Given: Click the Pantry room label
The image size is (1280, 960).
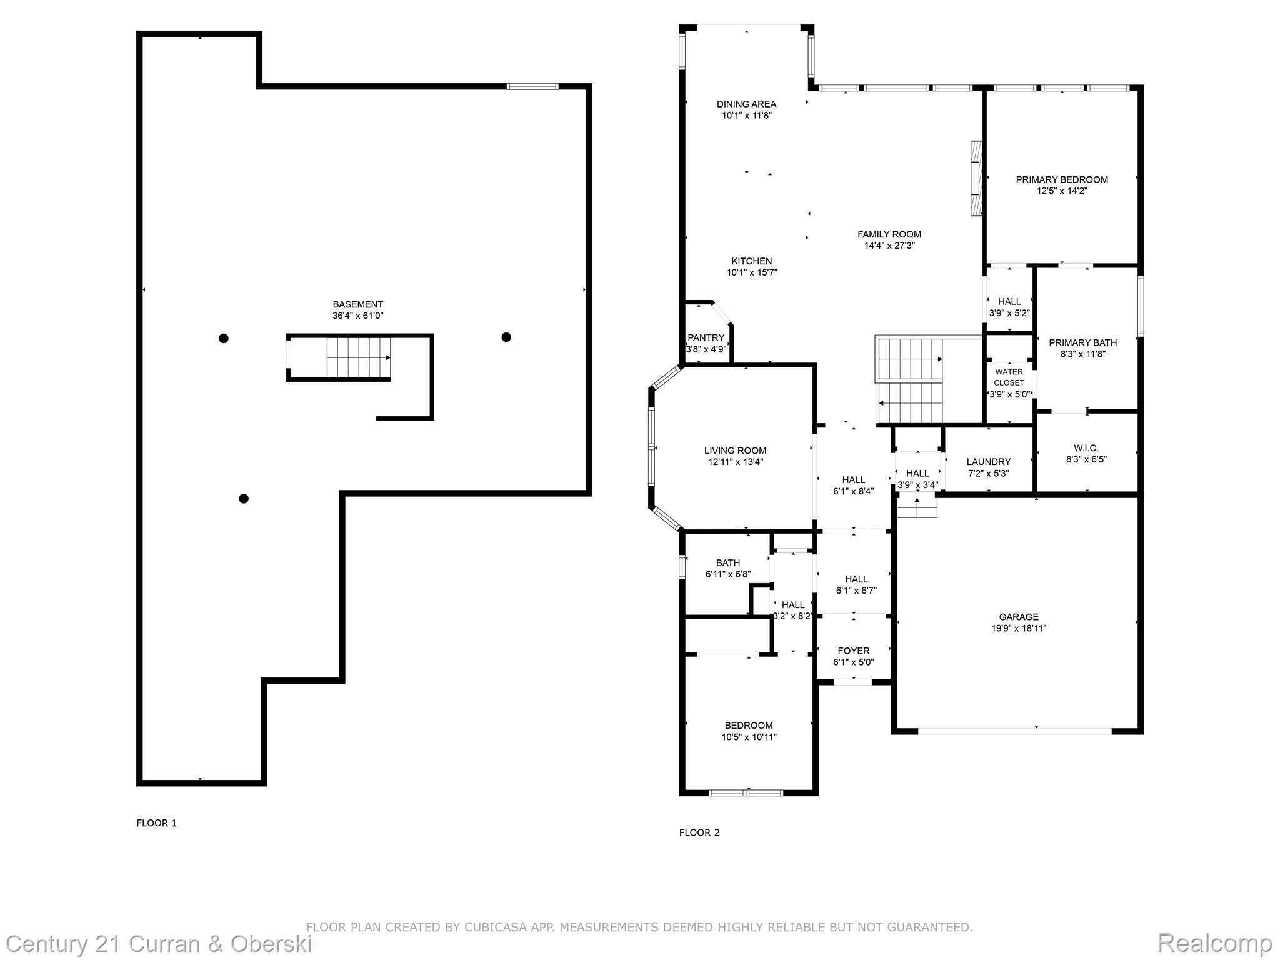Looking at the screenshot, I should pos(706,337).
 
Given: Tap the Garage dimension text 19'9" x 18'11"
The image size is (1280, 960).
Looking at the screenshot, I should pos(1018,628).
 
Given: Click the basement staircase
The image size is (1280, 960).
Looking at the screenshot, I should pos(358,357).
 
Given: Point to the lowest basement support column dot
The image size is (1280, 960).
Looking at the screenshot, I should pos(244,498).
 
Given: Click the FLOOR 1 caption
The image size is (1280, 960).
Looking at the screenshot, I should pos(156,823).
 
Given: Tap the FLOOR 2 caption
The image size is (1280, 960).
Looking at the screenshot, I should pos(699,832).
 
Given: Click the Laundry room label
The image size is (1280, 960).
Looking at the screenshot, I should pos(988,462).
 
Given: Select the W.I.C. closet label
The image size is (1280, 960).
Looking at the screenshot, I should pos(1086,448).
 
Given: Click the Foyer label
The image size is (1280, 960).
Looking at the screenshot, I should pos(853,651).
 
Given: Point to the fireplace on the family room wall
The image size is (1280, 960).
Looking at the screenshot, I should pos(977,179).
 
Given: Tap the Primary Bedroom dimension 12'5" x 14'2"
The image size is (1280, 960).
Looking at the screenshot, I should pos(1062,191).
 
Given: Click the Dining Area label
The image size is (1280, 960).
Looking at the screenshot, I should pos(746,104).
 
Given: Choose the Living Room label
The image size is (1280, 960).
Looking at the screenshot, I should pos(735,451).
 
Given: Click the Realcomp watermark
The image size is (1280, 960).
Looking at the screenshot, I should pos(1214,943).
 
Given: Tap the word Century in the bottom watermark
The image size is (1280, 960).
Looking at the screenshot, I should pos(47,943).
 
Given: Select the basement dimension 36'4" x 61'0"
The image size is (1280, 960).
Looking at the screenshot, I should pos(357,316).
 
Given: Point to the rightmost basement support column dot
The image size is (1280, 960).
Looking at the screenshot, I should pos(506,337).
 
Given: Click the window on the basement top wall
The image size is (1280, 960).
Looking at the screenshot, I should pos(532,86).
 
